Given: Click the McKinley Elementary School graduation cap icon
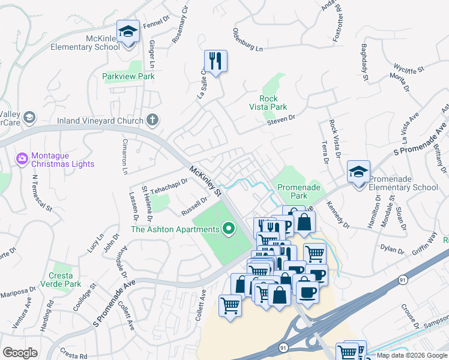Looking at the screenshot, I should pos(128,31).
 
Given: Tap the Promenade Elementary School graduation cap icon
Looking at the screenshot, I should pos(358,172).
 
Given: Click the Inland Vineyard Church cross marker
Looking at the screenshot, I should pos(152,120).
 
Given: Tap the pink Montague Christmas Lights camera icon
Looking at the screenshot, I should pos(22,158).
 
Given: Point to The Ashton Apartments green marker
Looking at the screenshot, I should pos(228,229).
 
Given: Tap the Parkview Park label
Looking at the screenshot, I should pos(128,76).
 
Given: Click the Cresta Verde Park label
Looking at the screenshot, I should pos(65,280).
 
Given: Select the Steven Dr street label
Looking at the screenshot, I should pos(282,121).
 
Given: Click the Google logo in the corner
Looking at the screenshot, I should pos(20,353).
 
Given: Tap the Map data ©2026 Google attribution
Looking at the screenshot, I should pos(412,355).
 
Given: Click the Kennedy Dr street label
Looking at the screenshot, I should pos(337,214).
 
